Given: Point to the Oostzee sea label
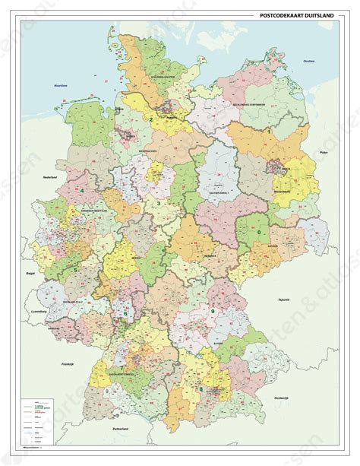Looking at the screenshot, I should tap(308, 61).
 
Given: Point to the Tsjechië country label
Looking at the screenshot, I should tap(285, 299).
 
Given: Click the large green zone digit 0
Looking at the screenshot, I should tap(260, 231).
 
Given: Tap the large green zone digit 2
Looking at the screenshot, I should tap(151, 119).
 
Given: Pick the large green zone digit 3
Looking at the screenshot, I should tap(158, 204).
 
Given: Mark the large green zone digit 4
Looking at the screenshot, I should tap(81, 180).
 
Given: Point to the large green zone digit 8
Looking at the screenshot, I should tap(201, 389).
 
